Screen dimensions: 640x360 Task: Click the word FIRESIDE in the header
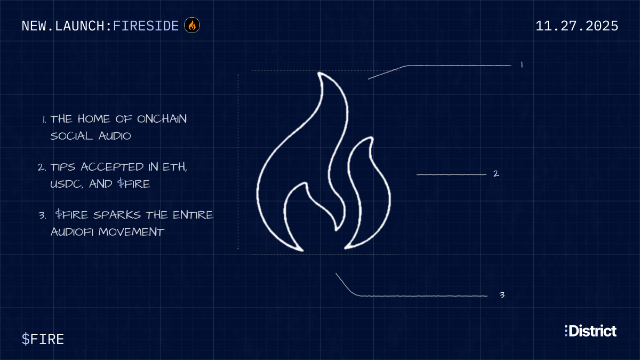[146, 26]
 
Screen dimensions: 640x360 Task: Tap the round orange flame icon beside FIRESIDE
[192, 25]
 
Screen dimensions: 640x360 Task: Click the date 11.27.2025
[577, 26]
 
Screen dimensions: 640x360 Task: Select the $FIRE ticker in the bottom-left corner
[43, 339]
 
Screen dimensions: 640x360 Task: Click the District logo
[590, 331]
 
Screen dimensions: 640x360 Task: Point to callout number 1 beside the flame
[522, 65]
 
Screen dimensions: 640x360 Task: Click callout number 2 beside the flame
[497, 173]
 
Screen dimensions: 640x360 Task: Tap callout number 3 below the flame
[502, 295]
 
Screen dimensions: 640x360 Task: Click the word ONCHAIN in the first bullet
[162, 119]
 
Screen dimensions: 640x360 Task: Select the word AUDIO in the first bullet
[115, 135]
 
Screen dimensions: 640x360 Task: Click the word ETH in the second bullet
[174, 167]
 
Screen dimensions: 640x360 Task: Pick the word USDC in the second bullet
[67, 184]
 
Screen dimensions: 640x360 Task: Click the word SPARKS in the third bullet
[117, 215]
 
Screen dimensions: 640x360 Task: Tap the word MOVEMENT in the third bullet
[131, 231]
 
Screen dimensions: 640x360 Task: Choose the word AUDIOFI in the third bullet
[72, 231]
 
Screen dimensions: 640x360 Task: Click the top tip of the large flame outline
[319, 74]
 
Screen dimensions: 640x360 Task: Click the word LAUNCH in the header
[79, 26]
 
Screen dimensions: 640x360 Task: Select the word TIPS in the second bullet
[63, 167]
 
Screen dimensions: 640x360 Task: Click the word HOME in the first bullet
[94, 119]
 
